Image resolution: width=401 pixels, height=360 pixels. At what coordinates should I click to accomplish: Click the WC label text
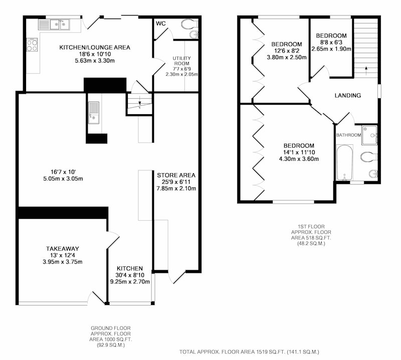tap(160, 24)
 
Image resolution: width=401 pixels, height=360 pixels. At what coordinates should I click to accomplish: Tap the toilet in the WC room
tap(189, 24)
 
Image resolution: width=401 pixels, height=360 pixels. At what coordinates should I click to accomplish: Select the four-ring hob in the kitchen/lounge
tap(32, 45)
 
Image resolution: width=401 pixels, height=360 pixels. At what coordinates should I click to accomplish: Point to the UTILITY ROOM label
tap(181, 61)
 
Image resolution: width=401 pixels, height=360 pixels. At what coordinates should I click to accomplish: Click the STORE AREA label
tap(176, 175)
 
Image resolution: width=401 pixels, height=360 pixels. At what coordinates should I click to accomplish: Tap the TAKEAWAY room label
tap(62, 249)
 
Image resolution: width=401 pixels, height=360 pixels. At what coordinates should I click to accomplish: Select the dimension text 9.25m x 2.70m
tap(130, 282)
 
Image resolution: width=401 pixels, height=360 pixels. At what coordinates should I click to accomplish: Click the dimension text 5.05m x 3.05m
tap(63, 179)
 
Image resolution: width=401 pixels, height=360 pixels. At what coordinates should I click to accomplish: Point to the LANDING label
tap(348, 96)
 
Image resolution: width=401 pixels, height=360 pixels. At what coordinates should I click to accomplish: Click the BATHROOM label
tap(348, 135)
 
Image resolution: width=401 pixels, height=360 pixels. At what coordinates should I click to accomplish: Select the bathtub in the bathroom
tap(344, 163)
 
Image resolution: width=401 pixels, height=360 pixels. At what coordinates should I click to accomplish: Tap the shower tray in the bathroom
tap(369, 135)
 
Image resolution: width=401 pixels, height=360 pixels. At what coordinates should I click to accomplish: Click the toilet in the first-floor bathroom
tap(369, 157)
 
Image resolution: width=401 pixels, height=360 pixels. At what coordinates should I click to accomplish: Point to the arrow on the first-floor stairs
tap(366, 71)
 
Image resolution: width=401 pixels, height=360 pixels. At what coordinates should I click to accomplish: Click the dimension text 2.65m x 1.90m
tap(331, 49)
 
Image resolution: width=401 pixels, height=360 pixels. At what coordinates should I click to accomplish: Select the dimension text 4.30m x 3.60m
tap(299, 159)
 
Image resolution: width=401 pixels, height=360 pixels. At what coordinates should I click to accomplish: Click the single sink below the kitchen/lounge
tap(94, 113)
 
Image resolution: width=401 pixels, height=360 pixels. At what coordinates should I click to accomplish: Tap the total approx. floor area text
tap(249, 352)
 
